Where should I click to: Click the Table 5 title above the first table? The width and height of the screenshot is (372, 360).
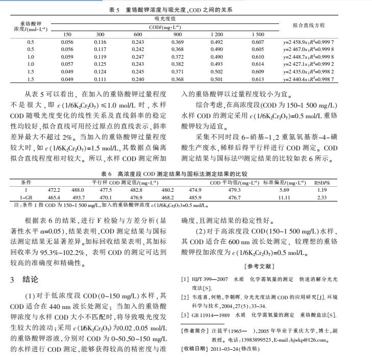click(x=186, y=9)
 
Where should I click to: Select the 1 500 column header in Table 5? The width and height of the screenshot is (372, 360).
click(x=258, y=34)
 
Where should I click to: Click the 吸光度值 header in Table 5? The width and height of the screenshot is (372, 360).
click(x=162, y=18)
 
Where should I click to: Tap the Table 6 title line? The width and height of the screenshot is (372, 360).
click(x=186, y=174)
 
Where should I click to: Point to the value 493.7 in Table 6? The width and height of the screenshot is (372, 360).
click(x=78, y=197)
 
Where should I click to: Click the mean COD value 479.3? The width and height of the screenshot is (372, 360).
click(x=234, y=190)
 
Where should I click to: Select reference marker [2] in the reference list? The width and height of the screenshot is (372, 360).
click(x=186, y=297)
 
